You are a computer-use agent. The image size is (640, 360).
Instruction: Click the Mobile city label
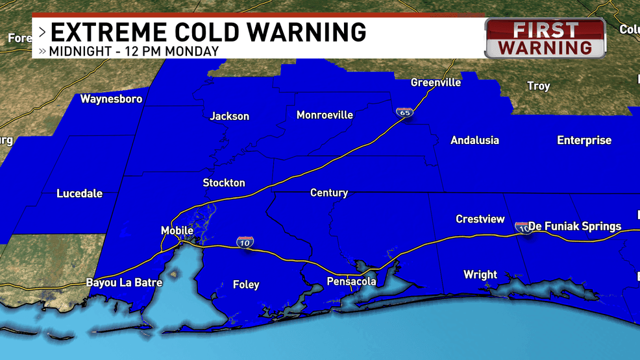[x=177, y=231]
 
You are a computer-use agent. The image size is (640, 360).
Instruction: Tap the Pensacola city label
[x=351, y=282]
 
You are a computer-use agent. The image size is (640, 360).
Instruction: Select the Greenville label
[x=436, y=82]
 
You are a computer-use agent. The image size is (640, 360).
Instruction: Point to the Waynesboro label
[x=111, y=99]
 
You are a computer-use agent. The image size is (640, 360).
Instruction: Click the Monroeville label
[x=325, y=115]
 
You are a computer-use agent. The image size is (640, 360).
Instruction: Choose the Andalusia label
[x=474, y=140]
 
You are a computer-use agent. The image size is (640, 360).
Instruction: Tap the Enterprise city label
[x=584, y=140]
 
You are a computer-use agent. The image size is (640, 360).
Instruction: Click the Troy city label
[x=538, y=86]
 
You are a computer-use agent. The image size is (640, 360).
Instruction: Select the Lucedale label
[x=79, y=193]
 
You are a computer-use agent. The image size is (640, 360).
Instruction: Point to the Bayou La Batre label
[x=120, y=283]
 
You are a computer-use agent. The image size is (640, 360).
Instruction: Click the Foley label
[x=246, y=284]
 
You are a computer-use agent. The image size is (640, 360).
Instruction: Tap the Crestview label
[x=480, y=219]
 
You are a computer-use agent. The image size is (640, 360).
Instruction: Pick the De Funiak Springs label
[x=574, y=226]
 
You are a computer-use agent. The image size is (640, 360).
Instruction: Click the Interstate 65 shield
[x=404, y=113]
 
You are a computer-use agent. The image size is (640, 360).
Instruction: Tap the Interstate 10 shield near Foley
[x=245, y=242]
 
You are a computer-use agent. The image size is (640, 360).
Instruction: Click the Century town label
[x=328, y=193]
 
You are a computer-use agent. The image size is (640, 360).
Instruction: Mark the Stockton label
[x=224, y=183]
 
